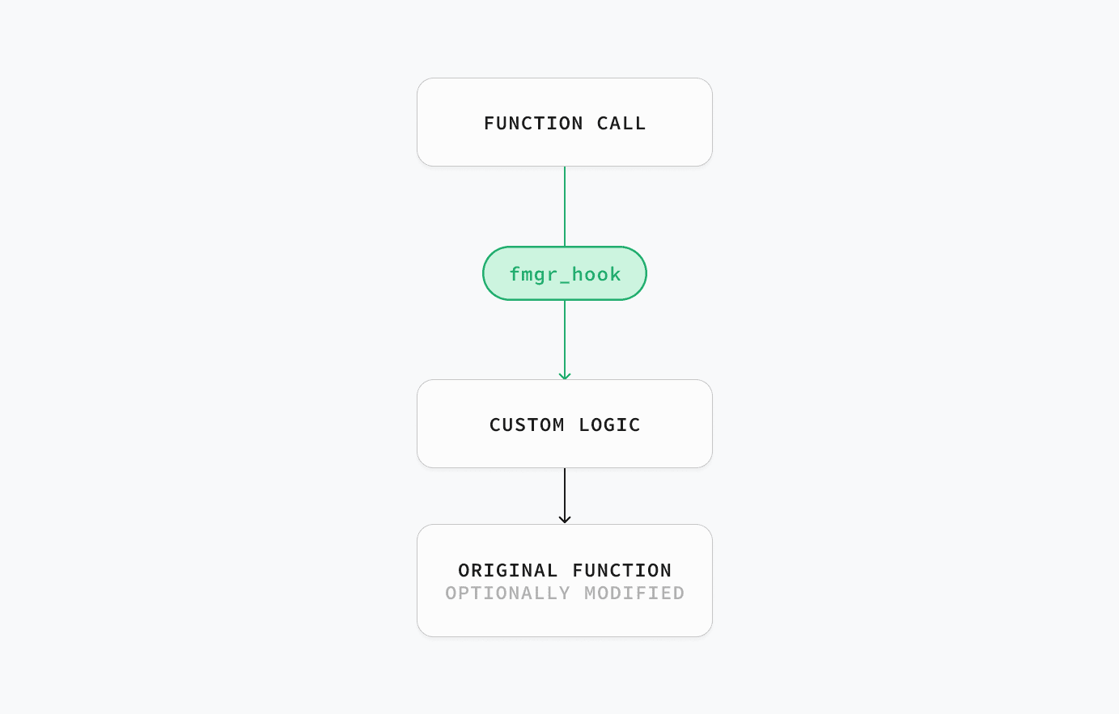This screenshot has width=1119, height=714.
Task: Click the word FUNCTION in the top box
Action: tap(533, 124)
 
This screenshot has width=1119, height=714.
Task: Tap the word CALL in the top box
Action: tap(621, 124)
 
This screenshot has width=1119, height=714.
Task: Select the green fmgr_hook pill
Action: tap(565, 273)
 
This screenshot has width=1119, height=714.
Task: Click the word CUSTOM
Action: tap(527, 425)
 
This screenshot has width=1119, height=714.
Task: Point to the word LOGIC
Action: tap(609, 425)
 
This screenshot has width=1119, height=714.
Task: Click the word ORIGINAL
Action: tap(507, 570)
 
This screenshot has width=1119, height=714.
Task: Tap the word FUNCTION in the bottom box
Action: tap(622, 570)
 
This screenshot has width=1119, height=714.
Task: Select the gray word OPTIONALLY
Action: tap(507, 594)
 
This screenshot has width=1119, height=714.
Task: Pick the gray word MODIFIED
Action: tap(634, 594)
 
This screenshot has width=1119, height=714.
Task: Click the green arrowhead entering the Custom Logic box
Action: tap(565, 377)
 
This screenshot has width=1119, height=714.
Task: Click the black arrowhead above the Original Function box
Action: tap(565, 520)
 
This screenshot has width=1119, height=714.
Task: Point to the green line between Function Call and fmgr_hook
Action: tap(565, 206)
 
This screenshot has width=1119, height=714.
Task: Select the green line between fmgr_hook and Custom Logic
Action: tap(565, 340)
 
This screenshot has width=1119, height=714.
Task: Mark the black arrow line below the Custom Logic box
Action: tap(565, 496)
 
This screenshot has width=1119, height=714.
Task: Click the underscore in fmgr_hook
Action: tap(565, 282)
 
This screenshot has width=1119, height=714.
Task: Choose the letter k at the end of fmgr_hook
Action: tap(615, 274)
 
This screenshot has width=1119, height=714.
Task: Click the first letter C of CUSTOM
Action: tap(495, 425)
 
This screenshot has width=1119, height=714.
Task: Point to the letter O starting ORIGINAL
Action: tap(464, 570)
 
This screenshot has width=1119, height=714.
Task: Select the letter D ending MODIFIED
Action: tap(679, 594)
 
